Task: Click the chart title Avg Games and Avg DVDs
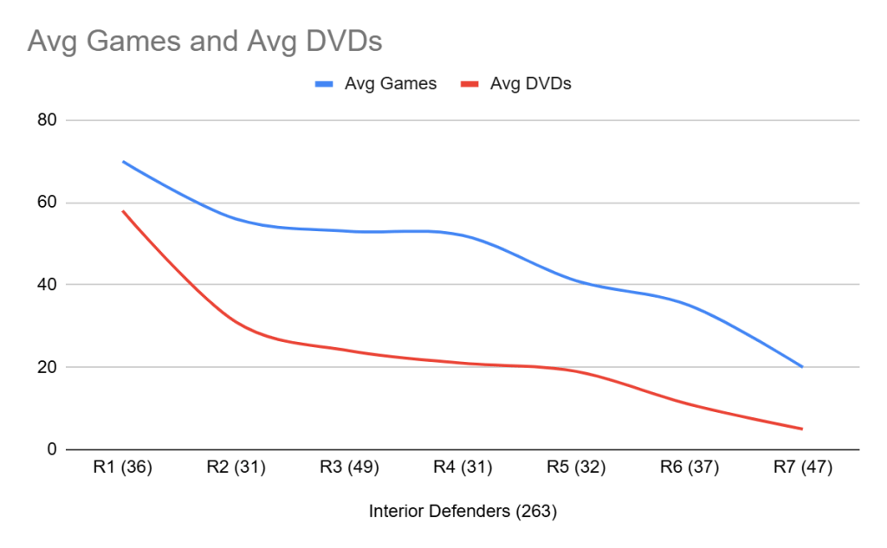204,41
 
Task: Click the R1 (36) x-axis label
123,468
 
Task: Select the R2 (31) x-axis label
236,468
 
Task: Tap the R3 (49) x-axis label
349,468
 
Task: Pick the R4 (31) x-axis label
463,468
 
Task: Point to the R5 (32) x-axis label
576,468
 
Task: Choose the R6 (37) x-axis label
690,468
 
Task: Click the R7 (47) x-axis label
802,468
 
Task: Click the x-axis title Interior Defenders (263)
463,512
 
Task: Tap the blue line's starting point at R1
123,161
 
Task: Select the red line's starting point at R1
123,210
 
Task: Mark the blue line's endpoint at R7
802,367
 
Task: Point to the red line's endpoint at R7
802,429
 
